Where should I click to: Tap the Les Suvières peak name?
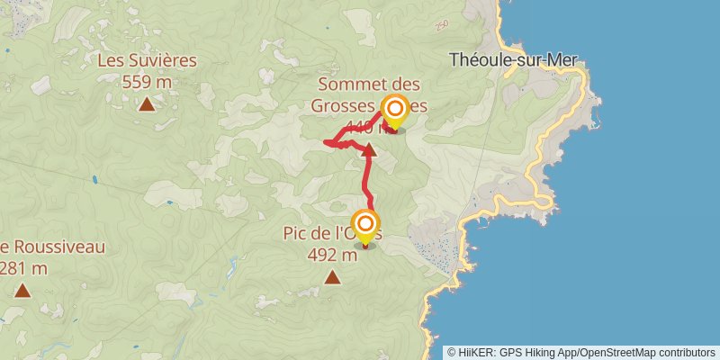click(146, 62)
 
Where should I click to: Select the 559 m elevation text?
click(146, 81)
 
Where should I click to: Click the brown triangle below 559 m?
click(147, 104)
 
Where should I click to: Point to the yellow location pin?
click(394, 112)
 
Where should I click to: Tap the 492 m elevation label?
click(332, 254)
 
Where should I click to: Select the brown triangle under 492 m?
click(332, 277)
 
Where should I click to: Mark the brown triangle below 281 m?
click(22, 290)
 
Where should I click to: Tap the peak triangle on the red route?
click(368, 148)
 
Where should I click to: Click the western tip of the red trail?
click(325, 140)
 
